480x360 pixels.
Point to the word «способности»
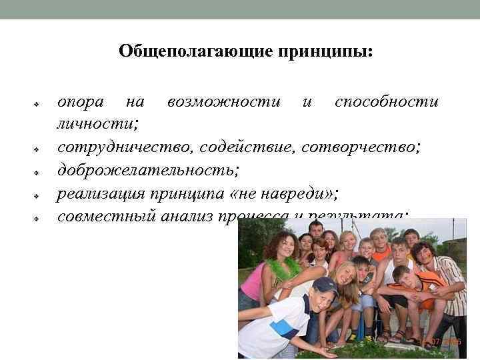387,102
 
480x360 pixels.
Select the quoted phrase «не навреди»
291,193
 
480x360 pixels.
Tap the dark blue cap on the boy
324,285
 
